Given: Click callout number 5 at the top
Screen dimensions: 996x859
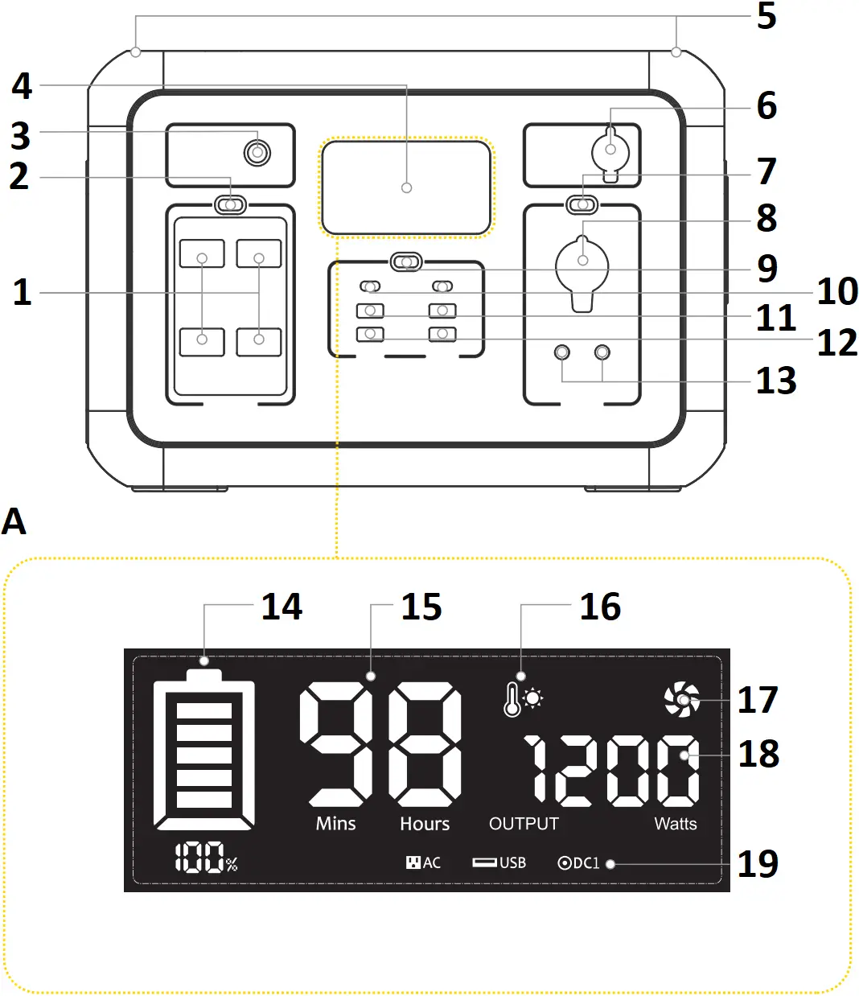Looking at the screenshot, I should [x=767, y=17].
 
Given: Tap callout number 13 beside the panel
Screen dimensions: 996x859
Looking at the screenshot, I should [x=775, y=381].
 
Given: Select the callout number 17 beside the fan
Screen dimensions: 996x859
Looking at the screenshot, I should [x=758, y=700].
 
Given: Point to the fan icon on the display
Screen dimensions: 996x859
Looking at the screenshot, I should [x=681, y=699].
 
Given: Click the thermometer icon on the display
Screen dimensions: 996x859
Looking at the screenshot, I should [x=512, y=699].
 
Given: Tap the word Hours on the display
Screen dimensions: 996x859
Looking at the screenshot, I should [x=425, y=824].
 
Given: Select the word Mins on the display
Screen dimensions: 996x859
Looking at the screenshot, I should [x=335, y=824].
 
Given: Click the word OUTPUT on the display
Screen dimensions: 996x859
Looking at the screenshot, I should [x=524, y=824].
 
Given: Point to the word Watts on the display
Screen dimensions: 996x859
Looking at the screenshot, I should [x=676, y=824].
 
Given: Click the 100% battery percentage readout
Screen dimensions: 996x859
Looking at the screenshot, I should [x=207, y=859].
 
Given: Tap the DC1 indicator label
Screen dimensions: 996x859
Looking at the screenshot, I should [x=579, y=863].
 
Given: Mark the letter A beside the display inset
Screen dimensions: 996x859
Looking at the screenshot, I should [x=14, y=522].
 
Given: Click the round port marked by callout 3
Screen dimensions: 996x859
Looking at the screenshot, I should [x=257, y=152].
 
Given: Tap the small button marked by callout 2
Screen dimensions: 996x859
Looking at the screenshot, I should [x=231, y=204].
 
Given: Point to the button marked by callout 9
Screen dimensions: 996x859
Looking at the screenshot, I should [x=406, y=262].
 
